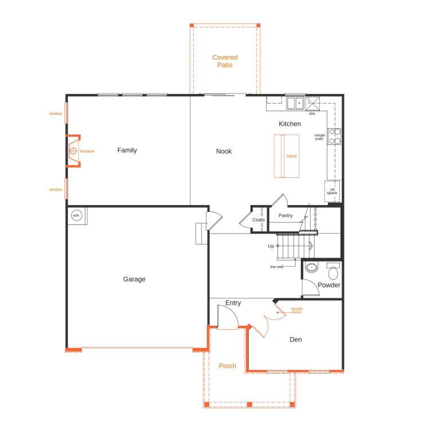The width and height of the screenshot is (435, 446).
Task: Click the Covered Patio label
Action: (225, 61)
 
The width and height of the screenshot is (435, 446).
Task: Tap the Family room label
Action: (127, 151)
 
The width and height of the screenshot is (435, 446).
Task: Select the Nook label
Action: (224, 151)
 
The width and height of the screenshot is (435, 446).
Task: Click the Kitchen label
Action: (289, 124)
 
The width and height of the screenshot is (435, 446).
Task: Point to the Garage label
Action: (134, 279)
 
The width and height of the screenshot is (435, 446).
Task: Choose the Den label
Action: (295, 340)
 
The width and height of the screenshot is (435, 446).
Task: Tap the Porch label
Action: (228, 366)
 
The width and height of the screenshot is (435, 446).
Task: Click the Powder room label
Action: (329, 285)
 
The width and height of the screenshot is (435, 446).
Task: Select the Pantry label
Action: (285, 216)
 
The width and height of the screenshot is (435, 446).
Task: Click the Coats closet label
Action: (258, 220)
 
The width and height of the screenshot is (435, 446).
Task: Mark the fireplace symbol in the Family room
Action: (73, 151)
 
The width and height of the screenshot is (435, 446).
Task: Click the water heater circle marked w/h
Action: (76, 216)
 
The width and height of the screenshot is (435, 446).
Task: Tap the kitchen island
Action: (287, 156)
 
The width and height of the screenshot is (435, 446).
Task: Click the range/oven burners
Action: (335, 136)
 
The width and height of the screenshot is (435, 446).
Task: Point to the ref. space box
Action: (332, 191)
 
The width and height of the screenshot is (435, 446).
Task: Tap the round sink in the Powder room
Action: (311, 267)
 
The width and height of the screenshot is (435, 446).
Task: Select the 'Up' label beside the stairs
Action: (271, 246)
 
